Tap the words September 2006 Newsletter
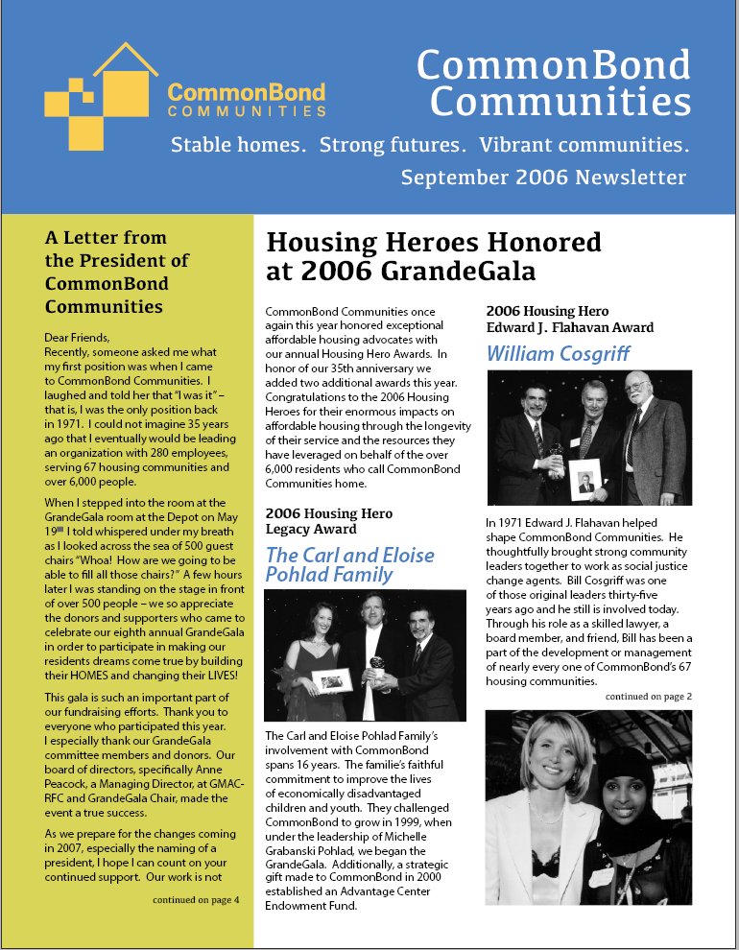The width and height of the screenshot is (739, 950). (543, 178)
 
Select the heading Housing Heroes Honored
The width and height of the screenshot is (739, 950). (433, 243)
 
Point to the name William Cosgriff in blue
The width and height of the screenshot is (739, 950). (558, 353)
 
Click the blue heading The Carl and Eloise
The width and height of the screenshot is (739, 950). (349, 556)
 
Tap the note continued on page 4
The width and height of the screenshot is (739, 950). (196, 900)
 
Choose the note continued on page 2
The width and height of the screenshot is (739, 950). (648, 696)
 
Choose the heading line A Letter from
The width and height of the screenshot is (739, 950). (106, 238)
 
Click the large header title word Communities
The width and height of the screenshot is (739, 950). (560, 100)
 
